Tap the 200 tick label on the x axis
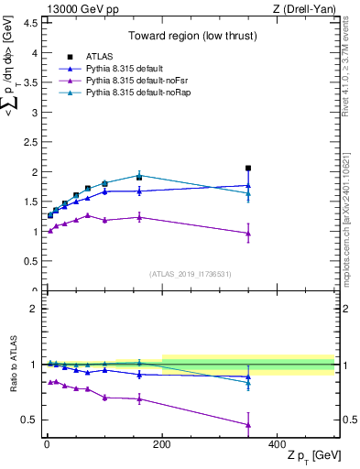(162, 444)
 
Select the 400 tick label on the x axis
(278, 444)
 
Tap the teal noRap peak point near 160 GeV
(139, 174)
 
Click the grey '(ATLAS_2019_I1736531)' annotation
(191, 273)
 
